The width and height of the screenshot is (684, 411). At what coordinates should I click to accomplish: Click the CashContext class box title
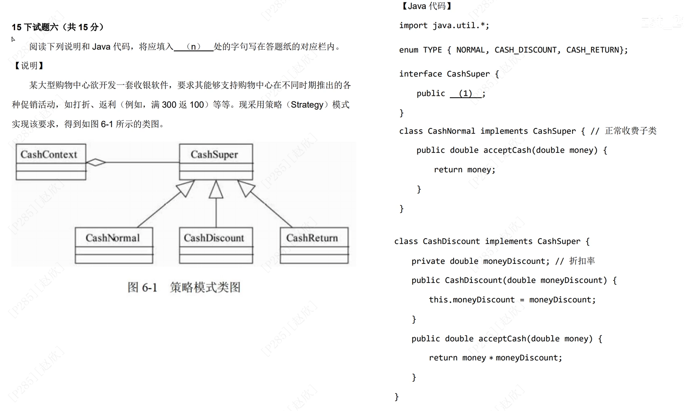point(49,154)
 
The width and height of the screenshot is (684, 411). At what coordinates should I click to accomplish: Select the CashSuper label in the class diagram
point(214,154)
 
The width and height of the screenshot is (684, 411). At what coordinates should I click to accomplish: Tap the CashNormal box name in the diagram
point(113,238)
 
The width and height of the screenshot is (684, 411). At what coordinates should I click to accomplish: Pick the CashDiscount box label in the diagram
point(214,238)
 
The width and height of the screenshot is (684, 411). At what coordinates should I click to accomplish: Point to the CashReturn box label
point(312,238)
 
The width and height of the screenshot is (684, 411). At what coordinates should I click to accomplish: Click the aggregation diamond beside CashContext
point(96,162)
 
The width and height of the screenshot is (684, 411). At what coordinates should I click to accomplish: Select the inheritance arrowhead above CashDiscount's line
point(216,190)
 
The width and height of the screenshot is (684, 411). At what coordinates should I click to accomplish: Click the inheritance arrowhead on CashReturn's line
point(246,188)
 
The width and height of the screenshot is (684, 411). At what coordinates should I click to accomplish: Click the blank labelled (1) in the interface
point(466,93)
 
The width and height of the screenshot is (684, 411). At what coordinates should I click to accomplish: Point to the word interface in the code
point(420,74)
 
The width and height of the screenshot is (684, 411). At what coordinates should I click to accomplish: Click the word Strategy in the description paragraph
point(307,105)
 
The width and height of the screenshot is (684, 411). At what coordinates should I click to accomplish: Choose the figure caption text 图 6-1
point(142,287)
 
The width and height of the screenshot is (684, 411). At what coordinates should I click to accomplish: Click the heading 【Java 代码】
point(426,6)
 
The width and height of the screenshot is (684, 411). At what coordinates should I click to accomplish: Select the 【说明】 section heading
point(29,66)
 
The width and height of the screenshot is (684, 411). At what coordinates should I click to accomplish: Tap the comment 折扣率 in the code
point(582,261)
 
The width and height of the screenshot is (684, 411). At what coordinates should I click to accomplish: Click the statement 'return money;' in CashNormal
point(464,170)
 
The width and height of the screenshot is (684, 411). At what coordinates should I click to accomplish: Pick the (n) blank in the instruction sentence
point(194,47)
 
